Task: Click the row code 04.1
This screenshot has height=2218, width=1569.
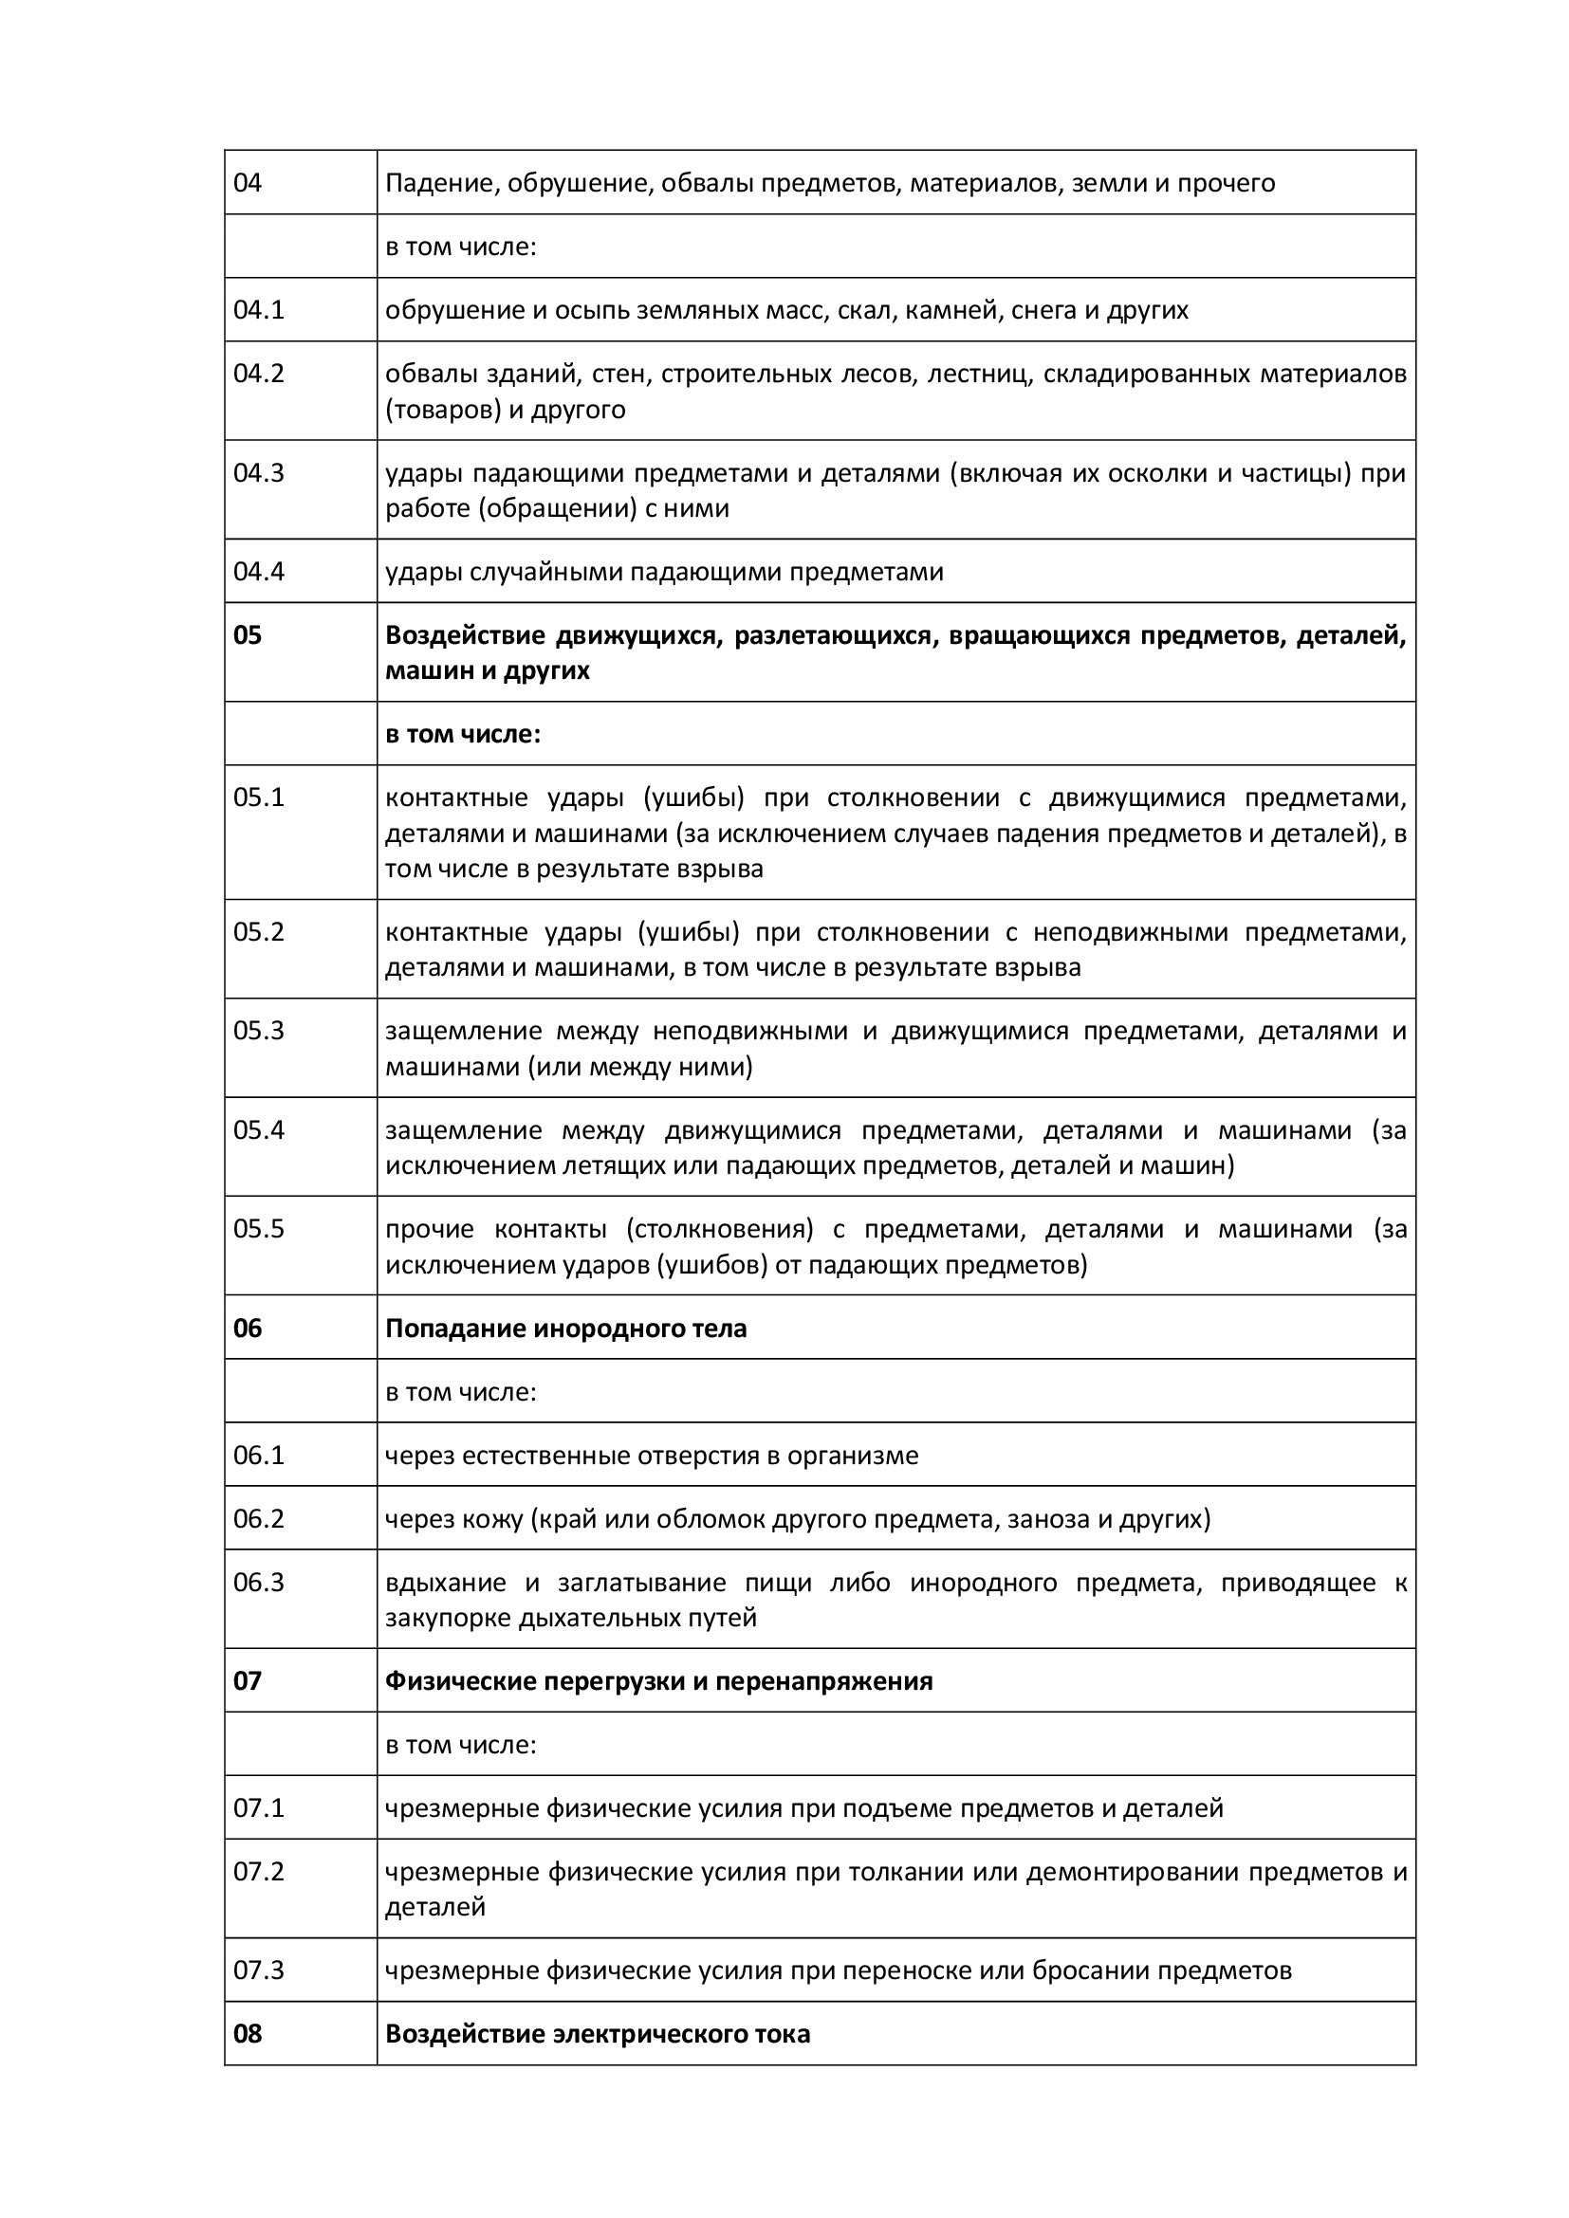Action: point(259,310)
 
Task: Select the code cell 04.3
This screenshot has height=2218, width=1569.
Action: point(259,472)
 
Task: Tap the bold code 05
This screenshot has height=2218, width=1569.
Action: point(248,634)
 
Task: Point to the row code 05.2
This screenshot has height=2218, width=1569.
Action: point(259,931)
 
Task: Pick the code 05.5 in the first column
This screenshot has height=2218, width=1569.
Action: point(259,1229)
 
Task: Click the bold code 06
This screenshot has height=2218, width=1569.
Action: point(248,1329)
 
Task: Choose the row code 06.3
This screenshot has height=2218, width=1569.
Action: point(259,1583)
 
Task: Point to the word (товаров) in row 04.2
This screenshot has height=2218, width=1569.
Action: point(442,410)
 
